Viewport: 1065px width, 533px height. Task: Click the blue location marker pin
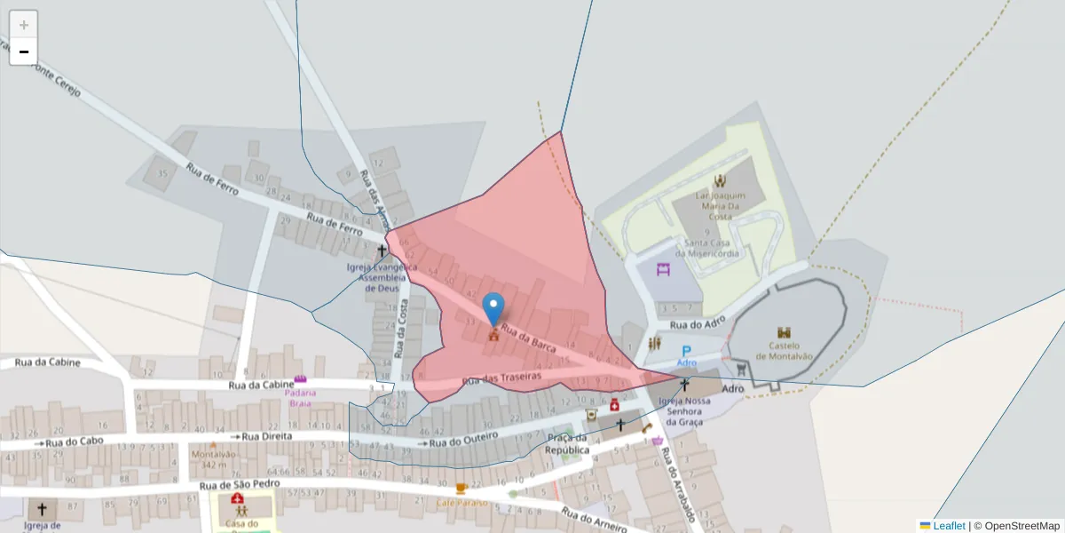click(x=493, y=309)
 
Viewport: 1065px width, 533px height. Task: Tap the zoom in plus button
click(x=24, y=25)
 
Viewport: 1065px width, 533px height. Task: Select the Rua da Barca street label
click(x=529, y=339)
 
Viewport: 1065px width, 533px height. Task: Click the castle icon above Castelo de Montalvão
click(x=784, y=332)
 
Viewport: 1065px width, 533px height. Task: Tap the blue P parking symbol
click(x=686, y=352)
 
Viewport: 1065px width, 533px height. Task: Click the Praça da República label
click(x=567, y=443)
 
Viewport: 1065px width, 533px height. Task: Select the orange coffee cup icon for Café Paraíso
click(x=461, y=489)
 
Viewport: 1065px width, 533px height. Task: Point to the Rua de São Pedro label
click(x=240, y=484)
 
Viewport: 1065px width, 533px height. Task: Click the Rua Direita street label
click(x=266, y=436)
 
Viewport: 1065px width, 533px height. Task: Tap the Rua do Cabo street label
click(x=75, y=442)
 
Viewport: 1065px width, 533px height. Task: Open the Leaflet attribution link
click(x=949, y=526)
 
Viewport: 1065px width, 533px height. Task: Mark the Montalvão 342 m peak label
click(x=213, y=459)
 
